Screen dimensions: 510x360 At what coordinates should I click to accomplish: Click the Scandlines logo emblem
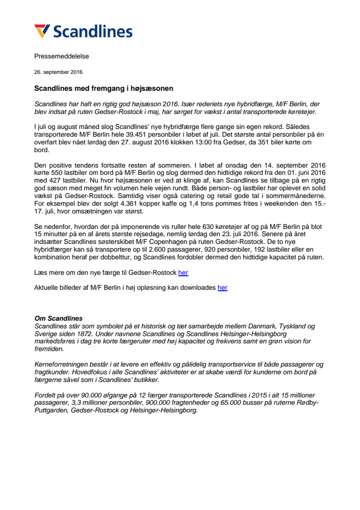42,31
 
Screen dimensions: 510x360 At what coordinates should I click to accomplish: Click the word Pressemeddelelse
61,56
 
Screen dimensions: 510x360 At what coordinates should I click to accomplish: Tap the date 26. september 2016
58,72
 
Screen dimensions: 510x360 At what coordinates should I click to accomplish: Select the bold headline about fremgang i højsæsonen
104,89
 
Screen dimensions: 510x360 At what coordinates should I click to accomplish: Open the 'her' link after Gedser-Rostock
183,273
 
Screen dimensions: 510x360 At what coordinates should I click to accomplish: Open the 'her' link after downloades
222,288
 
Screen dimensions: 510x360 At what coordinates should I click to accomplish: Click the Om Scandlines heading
58,318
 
